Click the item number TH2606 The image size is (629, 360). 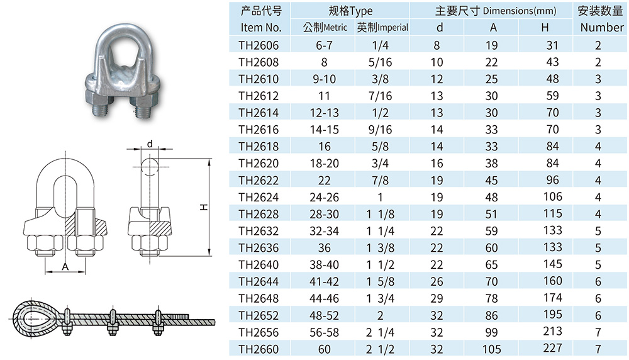pyautogui.click(x=259, y=45)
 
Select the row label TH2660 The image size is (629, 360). pyautogui.click(x=259, y=349)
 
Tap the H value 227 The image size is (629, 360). pyautogui.click(x=552, y=348)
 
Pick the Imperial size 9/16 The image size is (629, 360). pyautogui.click(x=380, y=130)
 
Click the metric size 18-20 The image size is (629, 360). pyautogui.click(x=324, y=164)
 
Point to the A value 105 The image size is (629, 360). pyautogui.click(x=491, y=349)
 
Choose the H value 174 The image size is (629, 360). pyautogui.click(x=552, y=298)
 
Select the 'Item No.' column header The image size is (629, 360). pyautogui.click(x=261, y=27)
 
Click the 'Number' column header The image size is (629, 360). pyautogui.click(x=602, y=27)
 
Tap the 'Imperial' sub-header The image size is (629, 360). pyautogui.click(x=393, y=27)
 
